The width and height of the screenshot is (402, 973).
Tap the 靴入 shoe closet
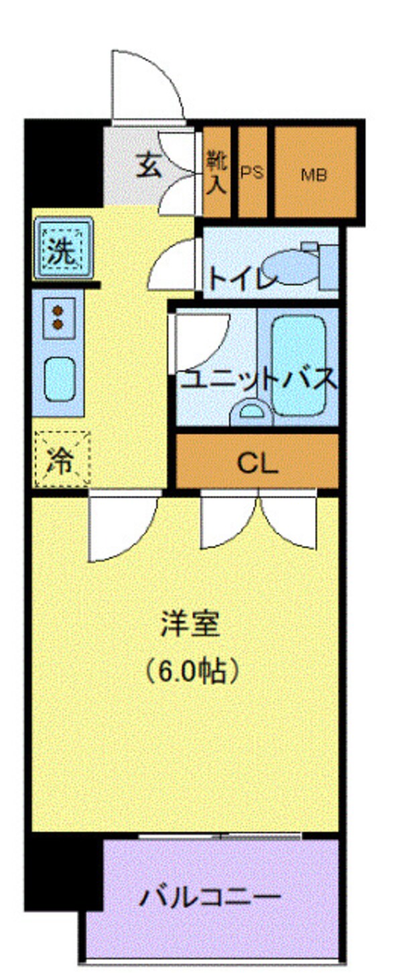tap(216, 172)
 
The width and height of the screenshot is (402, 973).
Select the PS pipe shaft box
tap(252, 172)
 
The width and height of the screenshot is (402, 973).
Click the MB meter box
tap(315, 172)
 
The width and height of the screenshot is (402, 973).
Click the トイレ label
tap(243, 278)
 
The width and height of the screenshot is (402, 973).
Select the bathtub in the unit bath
tap(298, 365)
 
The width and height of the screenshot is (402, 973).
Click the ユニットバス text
tap(258, 380)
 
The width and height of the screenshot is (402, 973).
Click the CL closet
tap(257, 461)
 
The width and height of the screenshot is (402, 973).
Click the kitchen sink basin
tap(60, 379)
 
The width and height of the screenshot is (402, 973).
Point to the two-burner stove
tap(58, 318)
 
